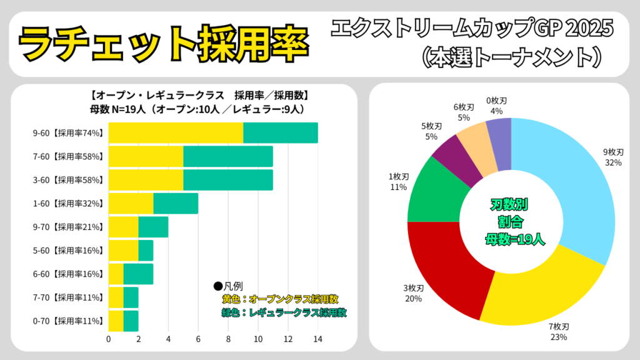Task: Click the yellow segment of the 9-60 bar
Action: pyautogui.click(x=176, y=132)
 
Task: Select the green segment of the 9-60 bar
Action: pyautogui.click(x=281, y=132)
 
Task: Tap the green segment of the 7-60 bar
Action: pyautogui.click(x=228, y=156)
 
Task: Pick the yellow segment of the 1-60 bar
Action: pyautogui.click(x=131, y=203)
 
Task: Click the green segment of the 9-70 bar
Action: pyautogui.click(x=153, y=227)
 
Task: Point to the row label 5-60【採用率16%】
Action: pyautogui.click(x=67, y=251)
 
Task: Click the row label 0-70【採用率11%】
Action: pyautogui.click(x=67, y=321)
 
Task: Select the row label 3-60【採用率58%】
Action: pyautogui.click(x=67, y=180)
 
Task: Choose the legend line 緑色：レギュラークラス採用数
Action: pyautogui.click(x=284, y=312)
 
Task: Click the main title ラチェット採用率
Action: pyautogui.click(x=163, y=42)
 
